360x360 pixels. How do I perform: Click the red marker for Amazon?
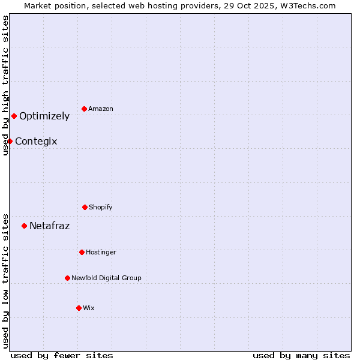point(85,109)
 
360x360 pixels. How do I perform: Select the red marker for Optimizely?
point(14,116)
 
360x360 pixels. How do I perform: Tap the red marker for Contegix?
point(10,141)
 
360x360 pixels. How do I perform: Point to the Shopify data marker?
point(85,207)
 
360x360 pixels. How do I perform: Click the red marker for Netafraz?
point(25,226)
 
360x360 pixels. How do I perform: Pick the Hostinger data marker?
point(82,252)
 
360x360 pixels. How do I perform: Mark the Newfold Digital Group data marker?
point(67,278)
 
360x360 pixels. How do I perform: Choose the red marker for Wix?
point(79,308)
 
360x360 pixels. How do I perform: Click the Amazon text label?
point(101,109)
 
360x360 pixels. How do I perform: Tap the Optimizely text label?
point(44,116)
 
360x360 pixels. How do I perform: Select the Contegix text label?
point(36,142)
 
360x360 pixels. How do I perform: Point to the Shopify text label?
point(101,208)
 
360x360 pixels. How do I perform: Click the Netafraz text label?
point(49,226)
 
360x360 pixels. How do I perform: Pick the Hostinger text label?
point(101,253)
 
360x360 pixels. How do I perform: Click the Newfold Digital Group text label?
point(106,278)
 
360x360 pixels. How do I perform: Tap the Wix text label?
point(89,308)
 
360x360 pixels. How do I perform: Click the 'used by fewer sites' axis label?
point(62,355)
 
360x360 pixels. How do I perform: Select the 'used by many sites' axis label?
point(301,355)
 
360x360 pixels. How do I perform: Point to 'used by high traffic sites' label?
point(6,86)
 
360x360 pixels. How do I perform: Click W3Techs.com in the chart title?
point(304,5)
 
